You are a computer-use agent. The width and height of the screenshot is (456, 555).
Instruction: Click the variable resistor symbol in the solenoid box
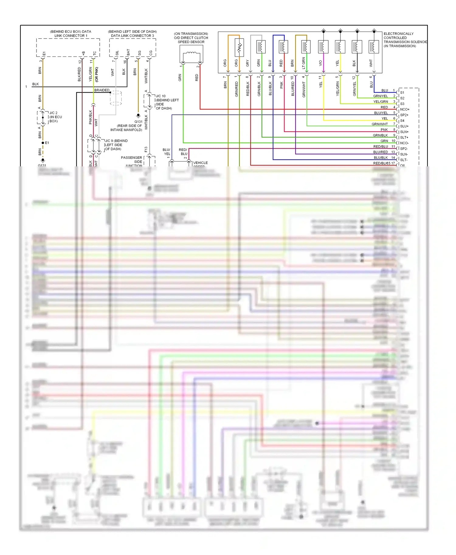[x=239, y=47]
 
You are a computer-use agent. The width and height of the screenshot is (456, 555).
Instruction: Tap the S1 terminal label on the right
[x=402, y=93]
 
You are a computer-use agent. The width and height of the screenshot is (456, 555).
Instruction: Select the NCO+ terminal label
[x=405, y=109]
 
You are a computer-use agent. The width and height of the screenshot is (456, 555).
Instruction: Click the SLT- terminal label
[x=404, y=160]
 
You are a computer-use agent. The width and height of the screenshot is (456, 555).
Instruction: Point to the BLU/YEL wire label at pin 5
[x=381, y=113]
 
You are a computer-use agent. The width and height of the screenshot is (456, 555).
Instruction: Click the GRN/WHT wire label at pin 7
[x=379, y=124]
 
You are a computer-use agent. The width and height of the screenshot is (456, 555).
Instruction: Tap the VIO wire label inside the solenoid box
[x=320, y=63]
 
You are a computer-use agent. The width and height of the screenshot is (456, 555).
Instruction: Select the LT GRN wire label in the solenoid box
[x=303, y=63]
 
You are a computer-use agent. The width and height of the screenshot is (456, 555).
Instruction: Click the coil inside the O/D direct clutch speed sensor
[x=191, y=53]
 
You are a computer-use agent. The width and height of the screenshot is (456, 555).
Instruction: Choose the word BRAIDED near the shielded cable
[x=102, y=90]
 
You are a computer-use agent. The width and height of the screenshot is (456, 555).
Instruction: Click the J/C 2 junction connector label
[x=54, y=113]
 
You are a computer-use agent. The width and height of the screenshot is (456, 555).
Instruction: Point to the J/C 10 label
[x=161, y=96]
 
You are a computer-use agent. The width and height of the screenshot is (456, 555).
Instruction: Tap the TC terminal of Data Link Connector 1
[x=95, y=53]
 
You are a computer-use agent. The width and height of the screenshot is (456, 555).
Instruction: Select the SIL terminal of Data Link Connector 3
[x=117, y=53]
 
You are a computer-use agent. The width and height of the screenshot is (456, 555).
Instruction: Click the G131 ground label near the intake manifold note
[x=138, y=122]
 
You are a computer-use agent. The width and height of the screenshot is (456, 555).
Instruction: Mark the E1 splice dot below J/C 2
[x=43, y=143]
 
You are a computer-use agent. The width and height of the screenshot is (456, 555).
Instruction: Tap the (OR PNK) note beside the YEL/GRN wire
[x=97, y=75]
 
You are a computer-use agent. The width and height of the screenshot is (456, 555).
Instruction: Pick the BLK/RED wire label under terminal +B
[x=79, y=75]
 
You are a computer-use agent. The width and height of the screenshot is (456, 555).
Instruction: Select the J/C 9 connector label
[x=116, y=141]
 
